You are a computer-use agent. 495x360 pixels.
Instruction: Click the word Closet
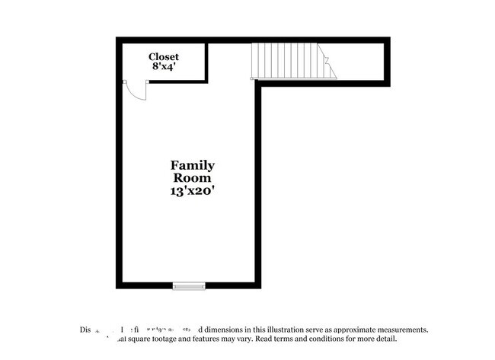click(x=164, y=56)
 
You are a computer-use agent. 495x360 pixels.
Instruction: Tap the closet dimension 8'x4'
click(x=163, y=67)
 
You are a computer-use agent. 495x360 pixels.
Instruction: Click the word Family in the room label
click(x=192, y=165)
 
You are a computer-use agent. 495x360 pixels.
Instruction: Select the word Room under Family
click(x=192, y=178)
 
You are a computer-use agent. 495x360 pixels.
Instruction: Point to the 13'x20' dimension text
click(x=192, y=192)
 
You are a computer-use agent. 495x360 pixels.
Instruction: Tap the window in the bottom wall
click(x=189, y=286)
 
